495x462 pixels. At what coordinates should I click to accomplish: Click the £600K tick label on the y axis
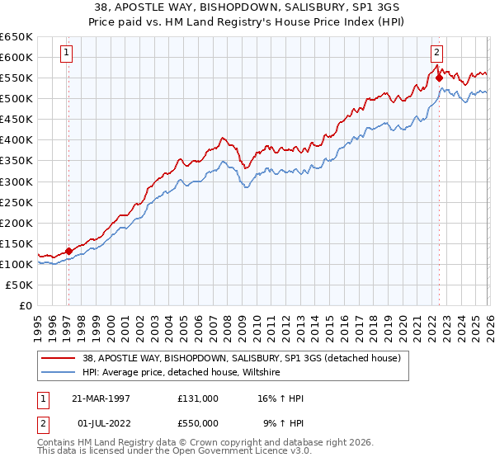[16, 57]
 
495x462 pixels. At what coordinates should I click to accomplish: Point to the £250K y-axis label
[16, 202]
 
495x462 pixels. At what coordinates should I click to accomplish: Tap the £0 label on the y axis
[26, 305]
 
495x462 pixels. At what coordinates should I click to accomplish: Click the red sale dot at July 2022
[439, 78]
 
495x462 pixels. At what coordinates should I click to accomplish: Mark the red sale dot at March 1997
[68, 251]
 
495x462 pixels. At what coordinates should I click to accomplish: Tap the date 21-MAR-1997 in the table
[101, 398]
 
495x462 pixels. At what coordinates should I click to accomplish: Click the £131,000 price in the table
[197, 398]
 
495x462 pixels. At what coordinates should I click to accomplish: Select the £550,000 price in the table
[197, 422]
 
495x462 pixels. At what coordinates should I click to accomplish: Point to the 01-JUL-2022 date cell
[101, 422]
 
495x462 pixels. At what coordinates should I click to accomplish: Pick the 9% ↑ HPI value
[283, 422]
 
